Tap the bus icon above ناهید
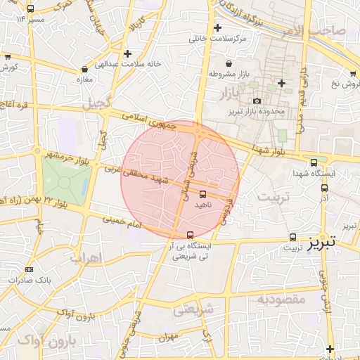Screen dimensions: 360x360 point(203,193)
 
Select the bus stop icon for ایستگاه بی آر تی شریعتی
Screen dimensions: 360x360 point(190,236)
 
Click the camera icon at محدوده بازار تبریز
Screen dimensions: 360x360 point(256,101)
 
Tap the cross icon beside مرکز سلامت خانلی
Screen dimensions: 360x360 point(218,28)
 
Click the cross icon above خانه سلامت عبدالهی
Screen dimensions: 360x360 point(127,53)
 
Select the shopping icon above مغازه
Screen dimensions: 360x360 point(85,70)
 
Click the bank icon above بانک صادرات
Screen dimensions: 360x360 point(29,269)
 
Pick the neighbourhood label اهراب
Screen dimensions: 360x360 point(86,258)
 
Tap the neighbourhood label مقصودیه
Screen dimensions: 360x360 point(281,300)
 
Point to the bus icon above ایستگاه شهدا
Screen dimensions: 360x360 point(313,162)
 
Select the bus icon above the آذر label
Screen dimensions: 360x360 point(324,188)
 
